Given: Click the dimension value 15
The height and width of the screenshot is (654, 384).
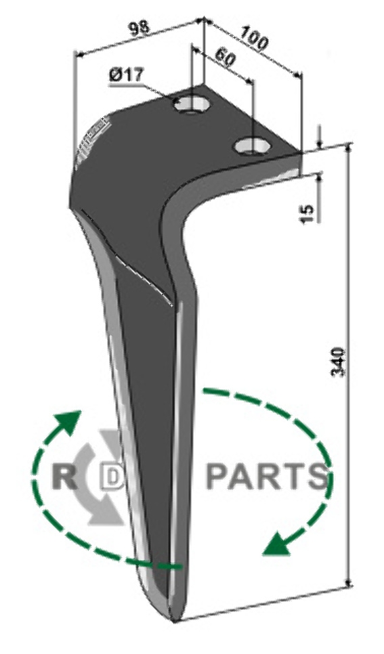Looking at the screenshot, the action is (307, 213).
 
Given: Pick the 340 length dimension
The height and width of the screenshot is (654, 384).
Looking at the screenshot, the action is (338, 362).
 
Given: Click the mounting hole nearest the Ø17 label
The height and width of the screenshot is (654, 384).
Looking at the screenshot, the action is (192, 103).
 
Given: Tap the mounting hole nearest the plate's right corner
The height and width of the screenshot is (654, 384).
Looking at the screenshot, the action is (252, 146).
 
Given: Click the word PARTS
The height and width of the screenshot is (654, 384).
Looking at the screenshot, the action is (267, 476).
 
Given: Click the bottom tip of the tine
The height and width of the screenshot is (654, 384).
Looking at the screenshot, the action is (175, 622).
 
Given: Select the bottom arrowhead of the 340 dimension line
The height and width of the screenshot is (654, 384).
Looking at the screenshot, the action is (349, 580).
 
